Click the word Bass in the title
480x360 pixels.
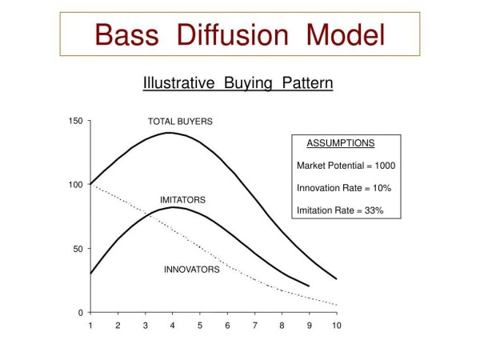coord(127,34)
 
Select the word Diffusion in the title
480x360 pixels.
coord(233,34)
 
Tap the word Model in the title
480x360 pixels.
coord(346,34)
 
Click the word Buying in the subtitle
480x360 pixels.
coord(248,83)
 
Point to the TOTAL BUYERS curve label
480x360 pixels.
coord(180,122)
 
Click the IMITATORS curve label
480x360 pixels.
coord(182,200)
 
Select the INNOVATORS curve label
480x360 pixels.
coord(192,270)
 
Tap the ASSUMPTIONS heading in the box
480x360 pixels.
coord(341,143)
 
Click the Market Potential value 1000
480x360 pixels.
coord(385,166)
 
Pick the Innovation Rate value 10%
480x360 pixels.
coord(382,188)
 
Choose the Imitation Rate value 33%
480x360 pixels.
coord(374,210)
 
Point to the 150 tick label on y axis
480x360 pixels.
coord(76,121)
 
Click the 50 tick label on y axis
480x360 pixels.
coord(78,249)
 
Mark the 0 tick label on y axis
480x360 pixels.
coord(81,313)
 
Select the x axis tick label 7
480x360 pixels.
coord(254,326)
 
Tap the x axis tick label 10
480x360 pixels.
coord(337,326)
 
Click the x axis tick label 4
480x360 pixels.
coord(173,326)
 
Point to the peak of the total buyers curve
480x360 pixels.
coord(170,133)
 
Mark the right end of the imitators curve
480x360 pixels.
coord(309,286)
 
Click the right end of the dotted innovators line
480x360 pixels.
coord(337,305)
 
